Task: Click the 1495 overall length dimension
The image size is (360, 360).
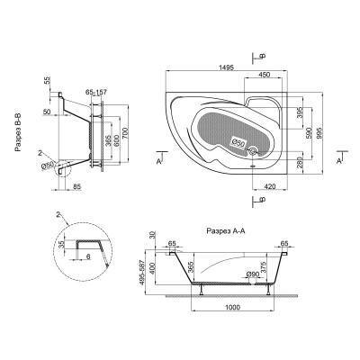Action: (226, 67)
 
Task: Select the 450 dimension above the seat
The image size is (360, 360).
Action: (264, 75)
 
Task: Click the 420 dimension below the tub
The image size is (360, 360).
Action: (270, 186)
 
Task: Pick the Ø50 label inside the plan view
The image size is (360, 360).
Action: (238, 142)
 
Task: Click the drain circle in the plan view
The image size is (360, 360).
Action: (254, 151)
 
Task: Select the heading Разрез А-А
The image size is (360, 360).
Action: (226, 231)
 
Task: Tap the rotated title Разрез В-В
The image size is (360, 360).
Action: (19, 133)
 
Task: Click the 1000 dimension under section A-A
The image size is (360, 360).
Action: (233, 307)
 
